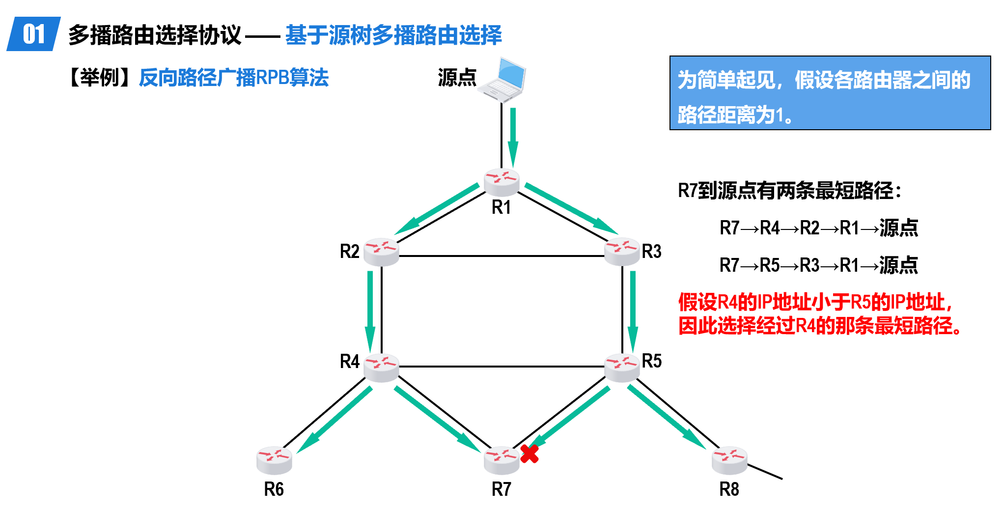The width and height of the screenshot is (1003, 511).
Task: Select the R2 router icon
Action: click(382, 252)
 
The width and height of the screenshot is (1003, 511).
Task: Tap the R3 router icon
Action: click(622, 252)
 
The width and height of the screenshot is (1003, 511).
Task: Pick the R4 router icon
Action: click(382, 368)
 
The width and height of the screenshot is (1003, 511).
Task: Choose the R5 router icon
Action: click(622, 368)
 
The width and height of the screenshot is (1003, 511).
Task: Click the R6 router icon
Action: click(274, 460)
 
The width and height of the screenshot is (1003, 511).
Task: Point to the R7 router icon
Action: click(501, 460)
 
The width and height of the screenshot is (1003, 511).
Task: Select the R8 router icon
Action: click(729, 460)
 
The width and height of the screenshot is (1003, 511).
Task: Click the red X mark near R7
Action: click(529, 454)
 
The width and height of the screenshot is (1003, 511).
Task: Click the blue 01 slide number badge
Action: click(34, 34)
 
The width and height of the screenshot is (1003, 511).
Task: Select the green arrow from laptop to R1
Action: click(513, 138)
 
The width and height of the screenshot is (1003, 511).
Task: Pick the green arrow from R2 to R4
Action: click(370, 310)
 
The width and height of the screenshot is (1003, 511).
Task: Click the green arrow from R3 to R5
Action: click(633, 310)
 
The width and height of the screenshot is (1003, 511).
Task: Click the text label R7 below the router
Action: click(501, 489)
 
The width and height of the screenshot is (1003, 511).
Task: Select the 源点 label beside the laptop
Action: click(457, 78)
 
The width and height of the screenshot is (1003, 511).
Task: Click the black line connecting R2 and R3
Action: click(501, 256)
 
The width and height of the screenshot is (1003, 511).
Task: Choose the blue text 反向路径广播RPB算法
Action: click(234, 78)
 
